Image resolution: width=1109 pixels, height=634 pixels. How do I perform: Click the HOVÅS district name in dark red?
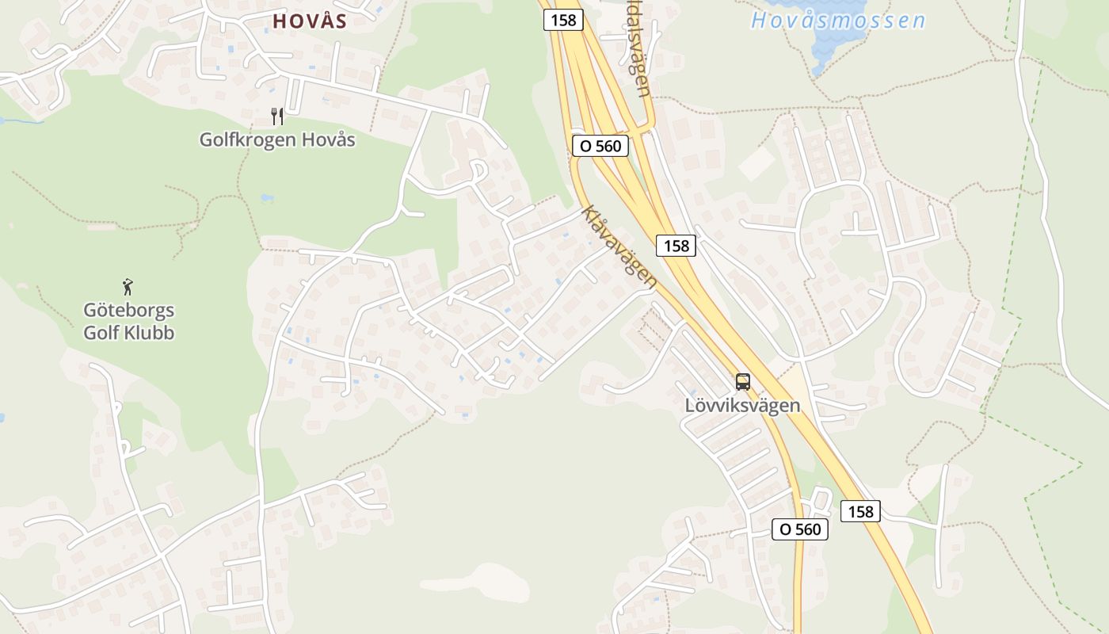[x=310, y=21]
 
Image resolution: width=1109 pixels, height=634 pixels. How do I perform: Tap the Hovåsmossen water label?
[x=838, y=21]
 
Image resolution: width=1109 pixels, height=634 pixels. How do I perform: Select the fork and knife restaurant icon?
[x=277, y=116]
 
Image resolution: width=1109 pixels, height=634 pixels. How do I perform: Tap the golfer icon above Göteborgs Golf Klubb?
[x=128, y=286]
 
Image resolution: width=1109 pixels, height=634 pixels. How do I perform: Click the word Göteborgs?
[x=129, y=310]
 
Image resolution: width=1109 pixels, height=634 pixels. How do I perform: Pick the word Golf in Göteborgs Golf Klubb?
[x=101, y=332]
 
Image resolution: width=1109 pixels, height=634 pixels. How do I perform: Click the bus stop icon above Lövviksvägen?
[x=742, y=381]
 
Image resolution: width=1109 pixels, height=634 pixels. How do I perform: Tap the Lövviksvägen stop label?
[x=742, y=406]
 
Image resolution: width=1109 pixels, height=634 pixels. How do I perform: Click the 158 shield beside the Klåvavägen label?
[x=676, y=246]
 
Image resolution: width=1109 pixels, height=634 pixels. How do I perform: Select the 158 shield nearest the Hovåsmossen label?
[x=563, y=21]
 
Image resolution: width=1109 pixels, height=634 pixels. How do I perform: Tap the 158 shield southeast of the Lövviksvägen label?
[x=860, y=511]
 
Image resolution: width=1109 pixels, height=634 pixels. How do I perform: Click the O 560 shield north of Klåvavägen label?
[x=600, y=146]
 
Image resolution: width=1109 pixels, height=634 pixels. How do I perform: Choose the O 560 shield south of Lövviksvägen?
[x=800, y=529]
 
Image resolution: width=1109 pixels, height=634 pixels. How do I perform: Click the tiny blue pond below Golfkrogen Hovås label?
[x=267, y=198]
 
